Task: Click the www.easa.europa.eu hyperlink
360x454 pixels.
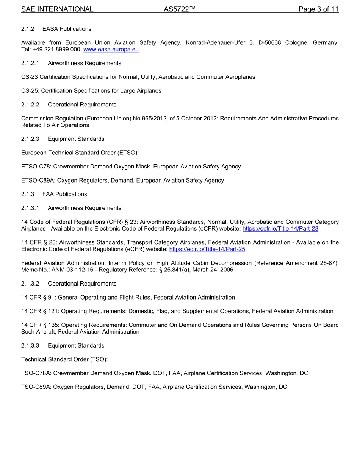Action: coord(111,50)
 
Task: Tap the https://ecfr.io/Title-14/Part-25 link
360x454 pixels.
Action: coord(207,249)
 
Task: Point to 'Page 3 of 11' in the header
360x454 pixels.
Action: coord(318,9)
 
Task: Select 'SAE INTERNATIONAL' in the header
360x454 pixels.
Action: coord(57,9)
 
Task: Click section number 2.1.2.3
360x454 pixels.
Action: coord(30,139)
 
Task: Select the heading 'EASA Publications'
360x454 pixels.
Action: coord(67,29)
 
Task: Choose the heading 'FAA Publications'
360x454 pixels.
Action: coord(64,194)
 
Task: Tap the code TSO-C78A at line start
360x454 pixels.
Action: coord(36,373)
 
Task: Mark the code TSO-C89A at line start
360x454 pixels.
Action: coord(36,387)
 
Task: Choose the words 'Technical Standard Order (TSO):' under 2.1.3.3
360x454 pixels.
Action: coord(64,359)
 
